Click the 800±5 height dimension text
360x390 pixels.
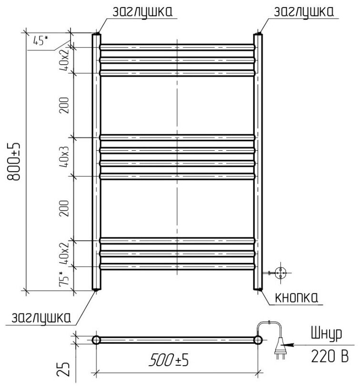(13, 162)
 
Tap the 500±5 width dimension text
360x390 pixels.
(169, 360)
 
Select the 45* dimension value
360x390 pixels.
(40, 40)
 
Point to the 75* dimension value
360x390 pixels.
(64, 279)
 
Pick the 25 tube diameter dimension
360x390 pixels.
(63, 369)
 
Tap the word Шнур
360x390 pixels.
(326, 333)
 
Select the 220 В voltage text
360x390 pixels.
(330, 356)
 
